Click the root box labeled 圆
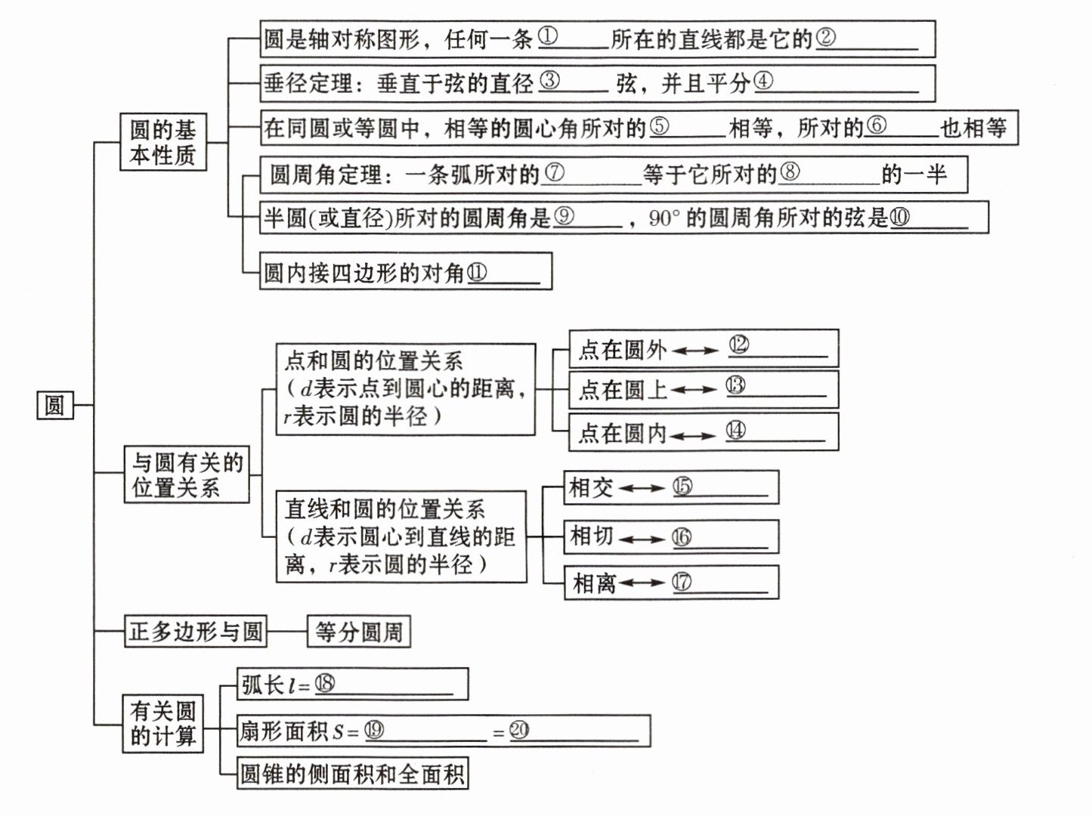pyautogui.click(x=54, y=406)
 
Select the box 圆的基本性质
pyautogui.click(x=162, y=141)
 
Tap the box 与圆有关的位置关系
pyautogui.click(x=187, y=474)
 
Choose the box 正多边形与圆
pyautogui.click(x=195, y=631)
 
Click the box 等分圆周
pyautogui.click(x=359, y=631)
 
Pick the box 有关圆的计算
pyautogui.click(x=162, y=723)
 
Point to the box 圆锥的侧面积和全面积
pyautogui.click(x=352, y=774)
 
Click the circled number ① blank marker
pyautogui.click(x=549, y=36)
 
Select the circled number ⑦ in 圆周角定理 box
pyautogui.click(x=554, y=173)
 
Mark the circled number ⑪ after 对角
pyautogui.click(x=477, y=272)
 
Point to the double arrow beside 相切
pyautogui.click(x=642, y=539)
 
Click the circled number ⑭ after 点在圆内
pyautogui.click(x=735, y=431)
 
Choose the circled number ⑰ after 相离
pyautogui.click(x=682, y=582)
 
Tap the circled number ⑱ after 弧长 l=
pyautogui.click(x=324, y=684)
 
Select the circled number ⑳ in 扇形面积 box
pyautogui.click(x=519, y=730)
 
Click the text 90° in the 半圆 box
pyautogui.click(x=665, y=218)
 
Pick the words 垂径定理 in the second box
pyautogui.click(x=308, y=82)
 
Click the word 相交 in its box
pyautogui.click(x=591, y=487)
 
